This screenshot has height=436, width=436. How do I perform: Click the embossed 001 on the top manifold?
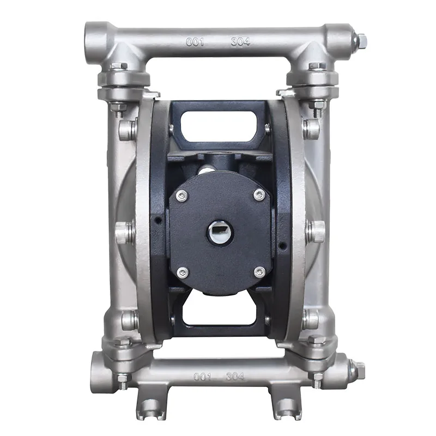(x=195, y=42)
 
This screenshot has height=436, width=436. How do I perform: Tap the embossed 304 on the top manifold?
(x=240, y=42)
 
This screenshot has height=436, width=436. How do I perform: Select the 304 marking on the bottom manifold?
(x=235, y=376)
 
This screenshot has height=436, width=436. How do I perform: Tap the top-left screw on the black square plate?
(x=182, y=195)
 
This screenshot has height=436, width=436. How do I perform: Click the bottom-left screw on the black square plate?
(x=182, y=272)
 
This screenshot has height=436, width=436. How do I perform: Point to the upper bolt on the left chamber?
(x=126, y=130)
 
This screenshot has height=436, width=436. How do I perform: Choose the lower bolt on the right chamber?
(x=311, y=319)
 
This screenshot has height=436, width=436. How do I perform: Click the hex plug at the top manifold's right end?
(x=360, y=40)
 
